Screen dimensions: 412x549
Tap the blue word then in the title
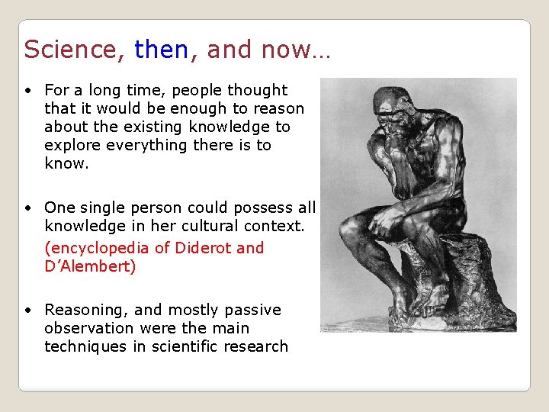click(x=161, y=50)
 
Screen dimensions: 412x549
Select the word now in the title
click(x=286, y=50)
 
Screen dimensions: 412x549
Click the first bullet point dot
click(x=27, y=91)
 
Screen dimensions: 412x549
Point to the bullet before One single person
click(x=27, y=208)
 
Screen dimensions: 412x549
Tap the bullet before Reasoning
click(x=27, y=311)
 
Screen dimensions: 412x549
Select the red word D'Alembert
click(x=90, y=267)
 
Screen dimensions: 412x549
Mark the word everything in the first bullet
click(x=142, y=145)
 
